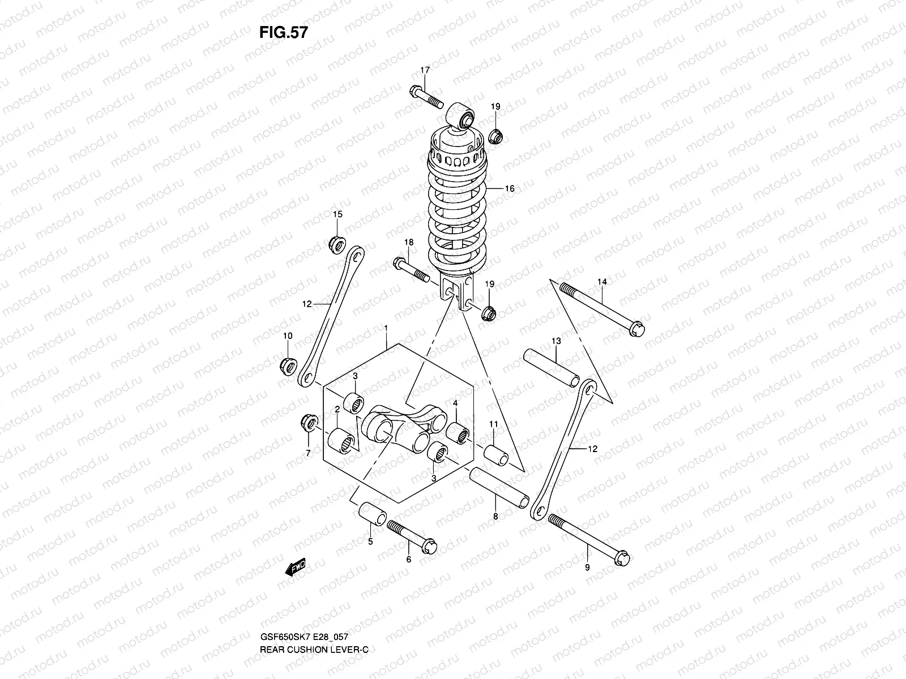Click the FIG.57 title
pos(283,32)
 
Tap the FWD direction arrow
pos(295,566)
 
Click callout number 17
pos(425,70)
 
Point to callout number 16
pos(509,188)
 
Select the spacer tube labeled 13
pos(550,367)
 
